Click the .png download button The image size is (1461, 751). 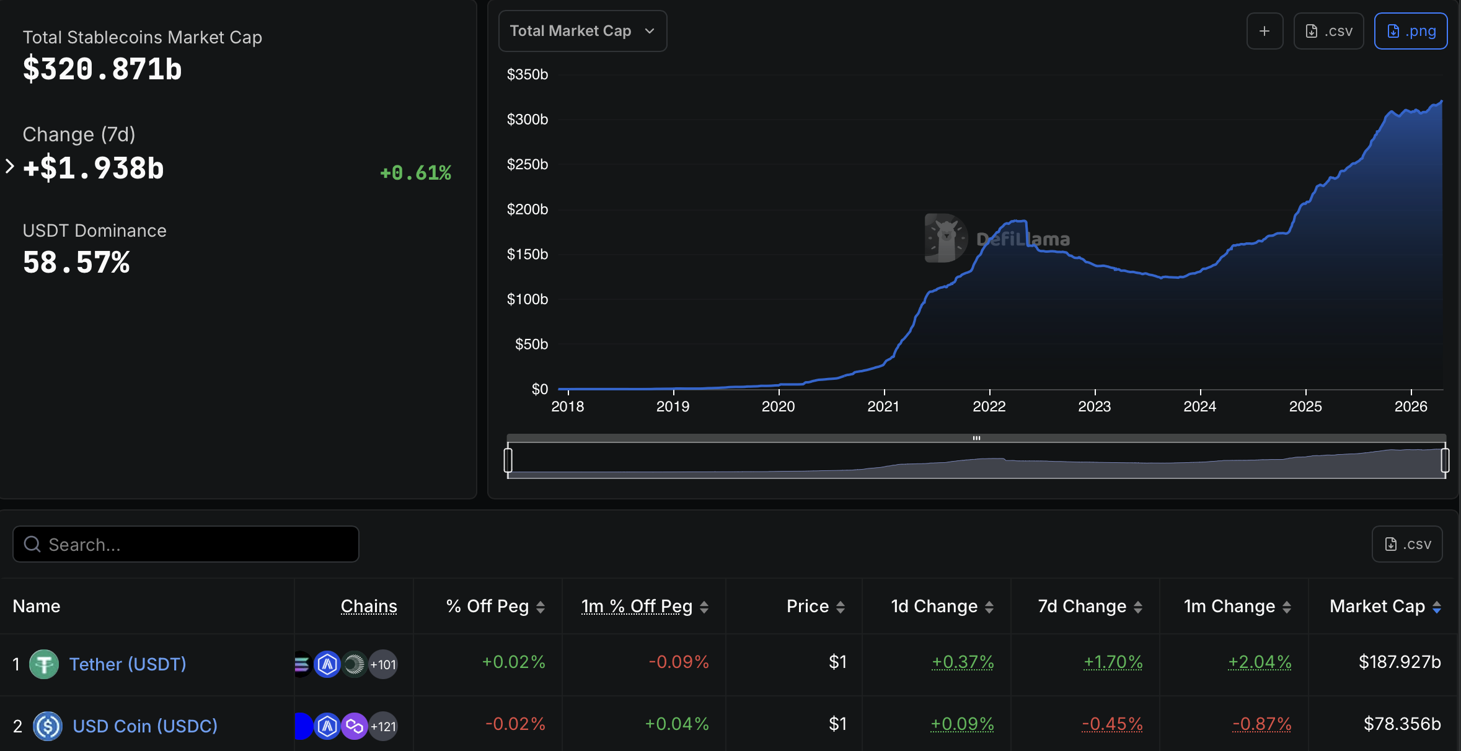[1410, 31]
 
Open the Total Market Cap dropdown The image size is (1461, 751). [582, 31]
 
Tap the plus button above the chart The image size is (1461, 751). [1265, 31]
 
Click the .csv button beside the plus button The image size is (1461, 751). [1328, 31]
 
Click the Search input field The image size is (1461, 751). [186, 544]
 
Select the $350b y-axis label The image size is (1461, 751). [527, 74]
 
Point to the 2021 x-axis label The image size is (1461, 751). [883, 406]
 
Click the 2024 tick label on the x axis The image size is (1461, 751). [1199, 406]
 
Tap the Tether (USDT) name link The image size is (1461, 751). [128, 664]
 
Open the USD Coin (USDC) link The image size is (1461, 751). [145, 726]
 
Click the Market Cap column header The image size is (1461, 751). [1377, 606]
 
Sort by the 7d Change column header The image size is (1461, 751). [1082, 606]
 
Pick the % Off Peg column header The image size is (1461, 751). [488, 606]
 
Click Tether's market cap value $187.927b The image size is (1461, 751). [1400, 662]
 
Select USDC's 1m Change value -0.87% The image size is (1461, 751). [1261, 724]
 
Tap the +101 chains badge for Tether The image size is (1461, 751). [383, 664]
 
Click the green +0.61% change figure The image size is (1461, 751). [415, 173]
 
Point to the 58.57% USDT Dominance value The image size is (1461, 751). [76, 263]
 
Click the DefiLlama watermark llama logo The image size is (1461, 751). [945, 238]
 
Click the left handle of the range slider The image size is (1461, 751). [508, 460]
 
